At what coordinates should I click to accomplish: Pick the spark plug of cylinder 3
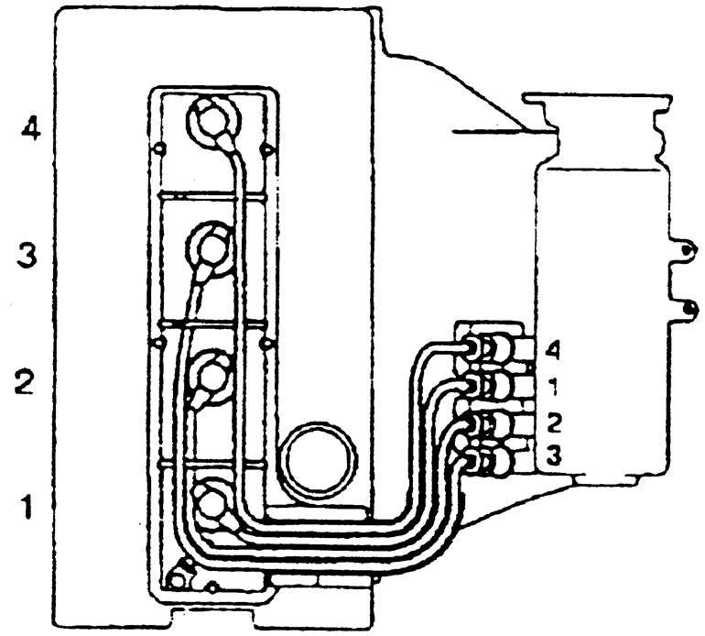pyautogui.click(x=211, y=247)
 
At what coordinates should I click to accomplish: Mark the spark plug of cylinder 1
pyautogui.click(x=212, y=502)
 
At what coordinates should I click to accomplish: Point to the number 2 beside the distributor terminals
pyautogui.click(x=552, y=423)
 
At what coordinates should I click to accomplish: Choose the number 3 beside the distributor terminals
pyautogui.click(x=552, y=453)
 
